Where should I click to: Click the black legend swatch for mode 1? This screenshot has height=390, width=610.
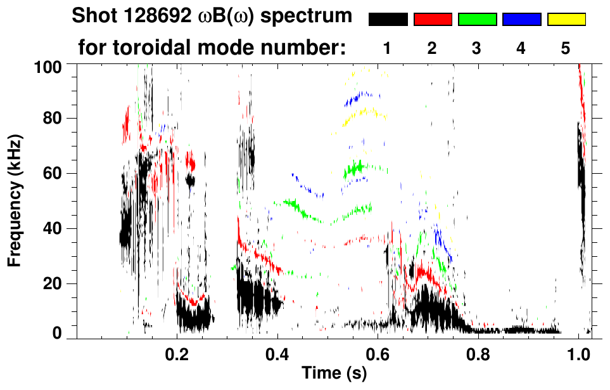click(x=388, y=20)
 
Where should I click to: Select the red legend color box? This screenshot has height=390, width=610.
click(x=433, y=20)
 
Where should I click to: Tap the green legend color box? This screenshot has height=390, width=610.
click(x=477, y=20)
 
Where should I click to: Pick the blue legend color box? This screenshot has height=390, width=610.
click(x=521, y=20)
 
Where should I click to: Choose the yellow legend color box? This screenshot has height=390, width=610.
click(x=566, y=20)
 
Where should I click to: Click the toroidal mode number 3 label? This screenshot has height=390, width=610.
click(x=476, y=48)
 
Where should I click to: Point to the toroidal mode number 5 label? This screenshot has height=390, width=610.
click(x=566, y=48)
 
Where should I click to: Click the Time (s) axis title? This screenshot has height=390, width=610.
click(x=333, y=374)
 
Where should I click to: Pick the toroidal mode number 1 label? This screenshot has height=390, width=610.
click(x=388, y=48)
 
